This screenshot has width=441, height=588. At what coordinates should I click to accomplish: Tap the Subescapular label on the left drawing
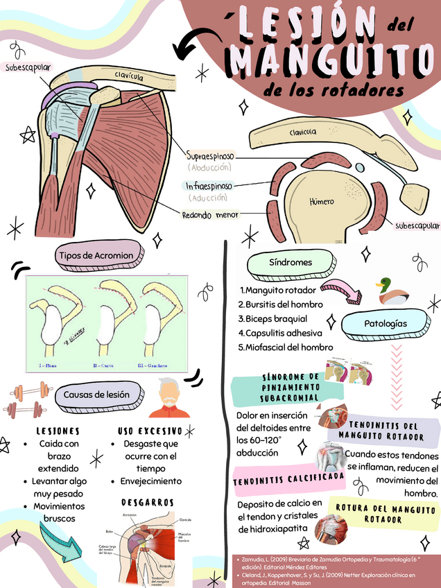pos(28,67)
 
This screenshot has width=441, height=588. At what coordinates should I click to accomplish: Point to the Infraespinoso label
pos(209,186)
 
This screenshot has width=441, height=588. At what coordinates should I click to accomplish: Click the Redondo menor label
pos(210,215)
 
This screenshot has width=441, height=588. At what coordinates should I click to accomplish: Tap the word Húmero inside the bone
pos(321,201)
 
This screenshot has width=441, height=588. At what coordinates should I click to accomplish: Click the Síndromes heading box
pos(291,263)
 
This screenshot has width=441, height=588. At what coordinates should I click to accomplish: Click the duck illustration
pos(391,291)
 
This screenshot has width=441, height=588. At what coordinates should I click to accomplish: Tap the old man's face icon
pos(169,398)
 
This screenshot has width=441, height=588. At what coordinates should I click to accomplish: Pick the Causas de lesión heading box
pos(96,395)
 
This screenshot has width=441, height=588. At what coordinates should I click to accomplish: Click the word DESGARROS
pos(147,502)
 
